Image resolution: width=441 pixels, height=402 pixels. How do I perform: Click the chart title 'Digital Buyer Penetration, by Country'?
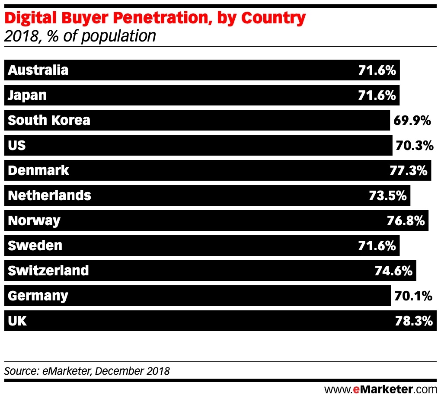point(155,18)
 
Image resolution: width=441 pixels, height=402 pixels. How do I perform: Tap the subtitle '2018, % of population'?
point(80,36)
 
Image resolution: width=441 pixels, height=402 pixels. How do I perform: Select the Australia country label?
point(38,70)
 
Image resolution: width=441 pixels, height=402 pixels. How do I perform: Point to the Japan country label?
point(27,95)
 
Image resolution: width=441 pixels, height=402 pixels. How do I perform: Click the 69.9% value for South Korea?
point(412,120)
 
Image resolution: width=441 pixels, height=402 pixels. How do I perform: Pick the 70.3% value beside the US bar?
point(414,145)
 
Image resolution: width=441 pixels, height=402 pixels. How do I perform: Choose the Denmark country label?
point(38,170)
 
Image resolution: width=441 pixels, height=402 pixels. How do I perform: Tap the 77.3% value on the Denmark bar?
point(408,170)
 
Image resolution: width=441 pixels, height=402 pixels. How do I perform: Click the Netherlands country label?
point(50,195)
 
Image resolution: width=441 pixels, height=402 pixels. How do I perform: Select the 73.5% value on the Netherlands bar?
point(387,195)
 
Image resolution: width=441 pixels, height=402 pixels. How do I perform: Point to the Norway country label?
point(34,220)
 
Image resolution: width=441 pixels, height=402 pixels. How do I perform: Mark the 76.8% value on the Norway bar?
point(406,220)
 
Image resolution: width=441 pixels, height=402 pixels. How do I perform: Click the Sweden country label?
point(35,246)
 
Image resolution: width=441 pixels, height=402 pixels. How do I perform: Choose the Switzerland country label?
point(48,271)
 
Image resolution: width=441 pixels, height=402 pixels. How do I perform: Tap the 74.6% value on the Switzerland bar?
point(393,271)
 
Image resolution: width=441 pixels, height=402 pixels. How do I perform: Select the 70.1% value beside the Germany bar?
point(413,296)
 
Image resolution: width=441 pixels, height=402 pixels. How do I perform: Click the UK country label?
point(17,321)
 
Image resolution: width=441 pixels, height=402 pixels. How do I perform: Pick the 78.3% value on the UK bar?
point(414,321)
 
